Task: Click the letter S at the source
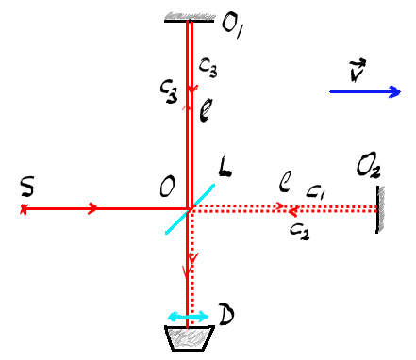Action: click(x=27, y=187)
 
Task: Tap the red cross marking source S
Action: click(x=24, y=208)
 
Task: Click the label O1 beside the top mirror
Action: click(x=233, y=26)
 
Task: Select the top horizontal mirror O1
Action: click(x=190, y=18)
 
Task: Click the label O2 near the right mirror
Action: click(x=368, y=166)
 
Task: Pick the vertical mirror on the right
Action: click(x=379, y=209)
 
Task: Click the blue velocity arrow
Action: click(x=365, y=92)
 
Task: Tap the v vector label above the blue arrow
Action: click(x=358, y=70)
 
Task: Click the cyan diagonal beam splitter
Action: click(x=190, y=209)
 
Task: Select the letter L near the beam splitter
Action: click(x=225, y=168)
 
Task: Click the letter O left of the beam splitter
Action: click(x=167, y=188)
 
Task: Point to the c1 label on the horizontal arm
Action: click(x=315, y=192)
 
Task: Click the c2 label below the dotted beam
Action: click(x=300, y=232)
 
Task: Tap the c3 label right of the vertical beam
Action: click(x=208, y=68)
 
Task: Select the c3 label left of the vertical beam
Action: click(x=169, y=91)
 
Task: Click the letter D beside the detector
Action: click(x=226, y=314)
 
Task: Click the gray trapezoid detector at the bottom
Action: click(x=190, y=337)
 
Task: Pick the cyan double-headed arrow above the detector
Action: click(x=188, y=316)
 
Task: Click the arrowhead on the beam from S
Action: click(x=92, y=208)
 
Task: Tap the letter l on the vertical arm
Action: click(x=206, y=110)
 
